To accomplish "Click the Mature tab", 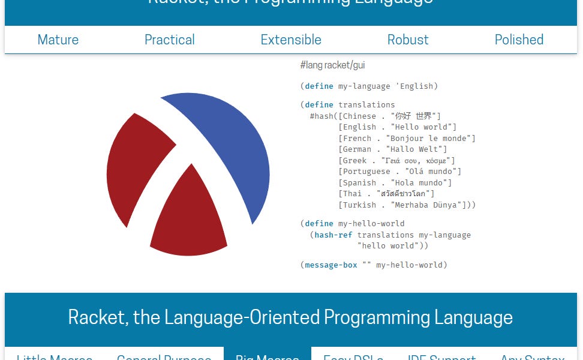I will point(58,40).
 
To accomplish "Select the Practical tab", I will point(170,40).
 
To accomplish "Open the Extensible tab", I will point(291,40).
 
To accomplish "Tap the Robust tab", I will point(408,40).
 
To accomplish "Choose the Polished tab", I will point(519,40).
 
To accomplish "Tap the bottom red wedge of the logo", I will point(189,222).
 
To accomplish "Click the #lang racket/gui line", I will point(332,65).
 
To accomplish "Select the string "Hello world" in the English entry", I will point(423,127).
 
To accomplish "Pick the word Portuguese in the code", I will point(367,172).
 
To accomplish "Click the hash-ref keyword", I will point(333,235).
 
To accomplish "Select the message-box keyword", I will point(330,265).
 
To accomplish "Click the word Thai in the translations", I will point(353,194).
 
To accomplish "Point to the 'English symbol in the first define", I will point(417,86).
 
